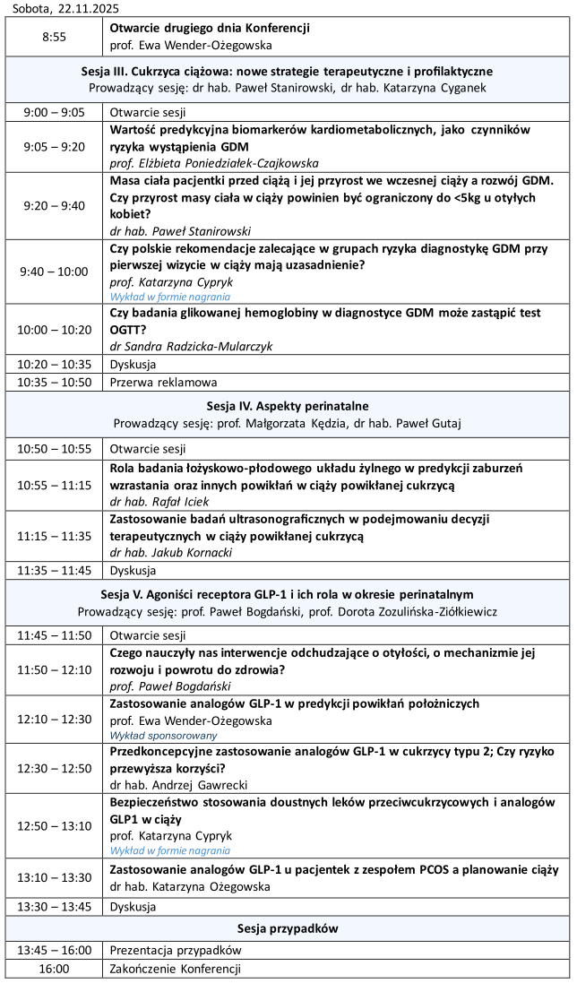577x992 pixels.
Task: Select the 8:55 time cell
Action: click(x=54, y=36)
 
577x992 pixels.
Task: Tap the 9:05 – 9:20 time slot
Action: click(x=54, y=146)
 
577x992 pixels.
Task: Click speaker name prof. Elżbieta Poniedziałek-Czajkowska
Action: click(x=214, y=163)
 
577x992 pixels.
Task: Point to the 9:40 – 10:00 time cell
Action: click(x=54, y=272)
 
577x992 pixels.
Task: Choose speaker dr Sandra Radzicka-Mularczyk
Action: click(x=191, y=345)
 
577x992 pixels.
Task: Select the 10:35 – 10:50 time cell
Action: click(x=54, y=382)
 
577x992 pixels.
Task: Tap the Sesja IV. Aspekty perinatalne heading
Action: click(x=288, y=405)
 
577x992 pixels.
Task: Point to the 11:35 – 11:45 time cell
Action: click(x=54, y=570)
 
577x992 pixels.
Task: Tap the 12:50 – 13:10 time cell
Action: click(x=54, y=826)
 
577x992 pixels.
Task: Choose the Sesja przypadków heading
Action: click(x=288, y=927)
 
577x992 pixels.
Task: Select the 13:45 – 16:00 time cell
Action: click(x=54, y=950)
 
